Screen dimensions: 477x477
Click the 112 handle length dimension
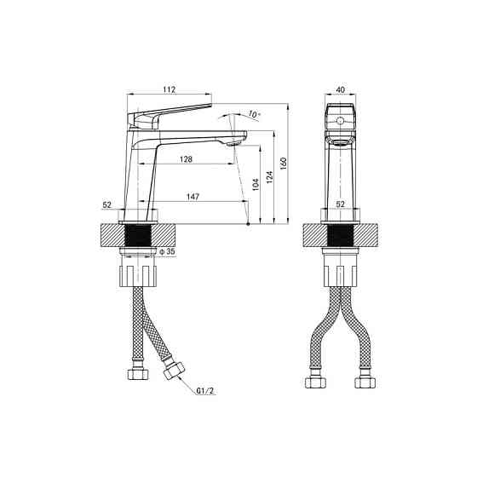point(170,89)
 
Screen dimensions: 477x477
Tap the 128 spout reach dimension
point(187,159)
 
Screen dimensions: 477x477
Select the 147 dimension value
point(193,197)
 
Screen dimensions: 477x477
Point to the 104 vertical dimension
point(256,184)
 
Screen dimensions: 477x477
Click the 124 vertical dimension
point(269,177)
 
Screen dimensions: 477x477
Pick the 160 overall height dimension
point(284,164)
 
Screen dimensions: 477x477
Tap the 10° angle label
point(255,114)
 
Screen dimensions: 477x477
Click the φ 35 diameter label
point(168,251)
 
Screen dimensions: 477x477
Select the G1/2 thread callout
point(205,391)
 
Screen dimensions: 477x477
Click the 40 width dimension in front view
point(341,89)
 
